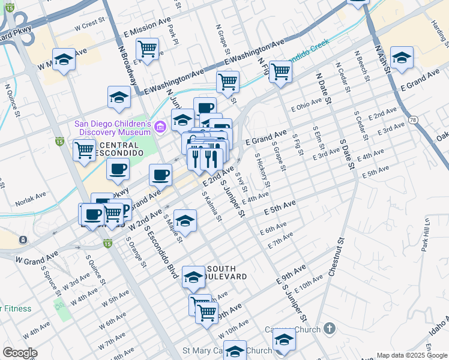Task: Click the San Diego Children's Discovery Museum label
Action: pos(112,128)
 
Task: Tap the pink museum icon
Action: pos(160,127)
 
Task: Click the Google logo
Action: pos(20,353)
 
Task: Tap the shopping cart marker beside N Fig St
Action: pos(280,71)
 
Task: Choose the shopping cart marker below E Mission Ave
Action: pos(147,48)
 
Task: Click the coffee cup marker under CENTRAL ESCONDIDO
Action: pos(118,168)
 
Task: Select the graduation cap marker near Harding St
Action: pos(402,58)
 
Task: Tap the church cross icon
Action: pos(328,328)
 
